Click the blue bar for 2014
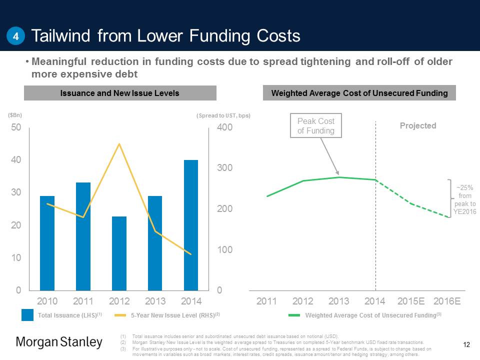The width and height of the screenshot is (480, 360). [191, 225]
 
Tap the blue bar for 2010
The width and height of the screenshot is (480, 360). [47, 243]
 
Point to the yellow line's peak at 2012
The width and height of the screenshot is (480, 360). [119, 144]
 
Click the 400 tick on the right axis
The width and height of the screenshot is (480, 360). [224, 128]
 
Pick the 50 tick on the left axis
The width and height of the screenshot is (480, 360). [16, 127]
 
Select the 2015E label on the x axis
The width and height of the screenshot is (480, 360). [411, 301]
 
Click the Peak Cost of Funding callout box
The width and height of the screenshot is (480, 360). [316, 126]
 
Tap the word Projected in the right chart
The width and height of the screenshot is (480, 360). [418, 125]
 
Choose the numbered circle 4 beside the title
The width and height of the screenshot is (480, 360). [16, 36]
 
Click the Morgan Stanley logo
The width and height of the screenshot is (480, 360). [59, 342]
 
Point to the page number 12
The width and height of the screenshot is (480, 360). [467, 344]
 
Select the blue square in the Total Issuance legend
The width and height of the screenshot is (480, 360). [27, 315]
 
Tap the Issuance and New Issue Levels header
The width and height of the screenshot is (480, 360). [120, 93]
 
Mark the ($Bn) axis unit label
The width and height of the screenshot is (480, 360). [15, 114]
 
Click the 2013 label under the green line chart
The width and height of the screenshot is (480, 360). [339, 301]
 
